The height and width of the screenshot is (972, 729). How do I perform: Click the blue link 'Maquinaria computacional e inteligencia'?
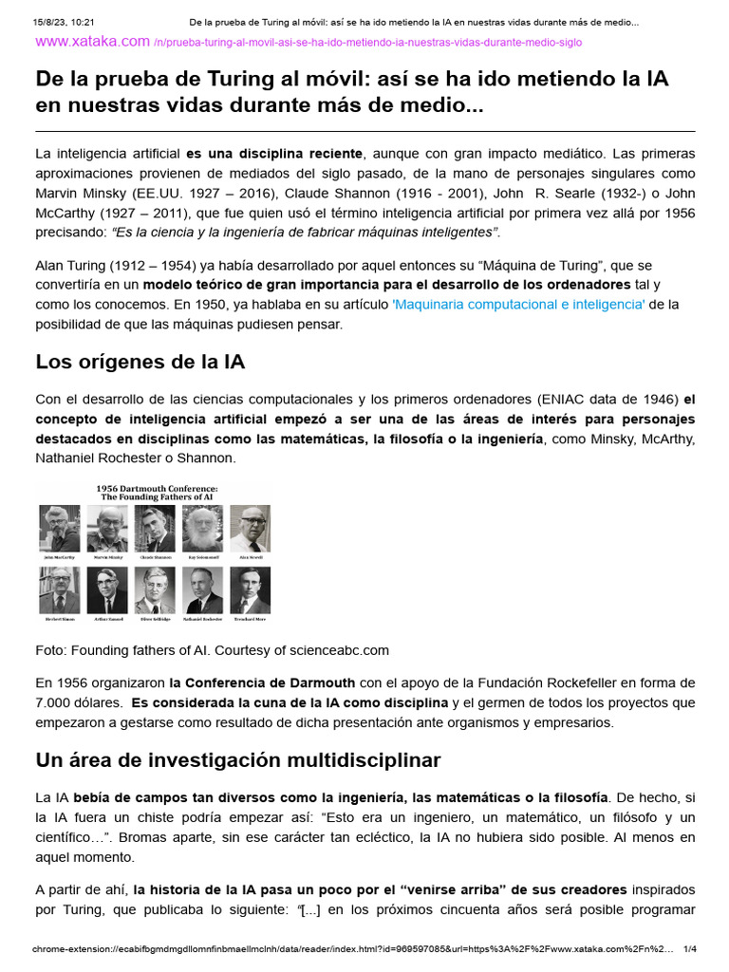click(518, 304)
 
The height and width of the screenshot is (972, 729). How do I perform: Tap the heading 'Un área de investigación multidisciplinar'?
click(237, 760)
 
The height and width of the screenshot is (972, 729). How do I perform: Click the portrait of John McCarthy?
click(59, 528)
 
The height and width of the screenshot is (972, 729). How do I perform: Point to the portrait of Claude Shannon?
click(154, 528)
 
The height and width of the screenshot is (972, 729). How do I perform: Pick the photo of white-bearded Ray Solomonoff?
click(201, 528)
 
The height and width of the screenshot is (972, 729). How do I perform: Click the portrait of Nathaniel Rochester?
click(201, 590)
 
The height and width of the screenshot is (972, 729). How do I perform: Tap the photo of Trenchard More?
click(250, 590)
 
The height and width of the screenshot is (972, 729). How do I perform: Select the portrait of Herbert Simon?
click(59, 590)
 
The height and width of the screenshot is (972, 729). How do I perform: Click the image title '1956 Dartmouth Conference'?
click(154, 491)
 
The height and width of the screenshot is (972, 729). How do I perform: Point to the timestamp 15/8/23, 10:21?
click(66, 21)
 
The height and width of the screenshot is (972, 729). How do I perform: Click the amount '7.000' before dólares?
click(56, 703)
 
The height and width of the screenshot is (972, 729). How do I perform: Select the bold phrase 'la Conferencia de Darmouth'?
click(262, 682)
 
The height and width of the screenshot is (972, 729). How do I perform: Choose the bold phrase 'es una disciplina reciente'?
click(273, 153)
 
